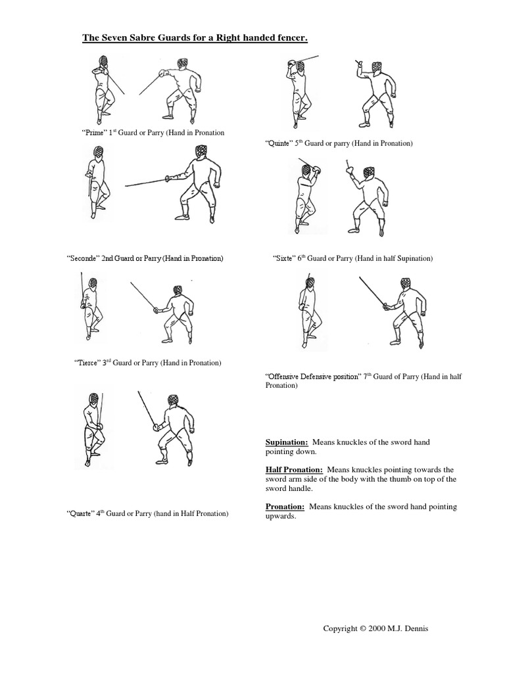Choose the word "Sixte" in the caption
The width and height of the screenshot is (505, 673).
coord(283,259)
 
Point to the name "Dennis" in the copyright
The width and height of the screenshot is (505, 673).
coord(416,628)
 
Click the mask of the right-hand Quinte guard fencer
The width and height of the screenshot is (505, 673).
coord(377,68)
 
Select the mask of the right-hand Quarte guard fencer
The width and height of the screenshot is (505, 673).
coord(173,400)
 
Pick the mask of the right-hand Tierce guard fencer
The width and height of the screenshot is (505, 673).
coord(178,290)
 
